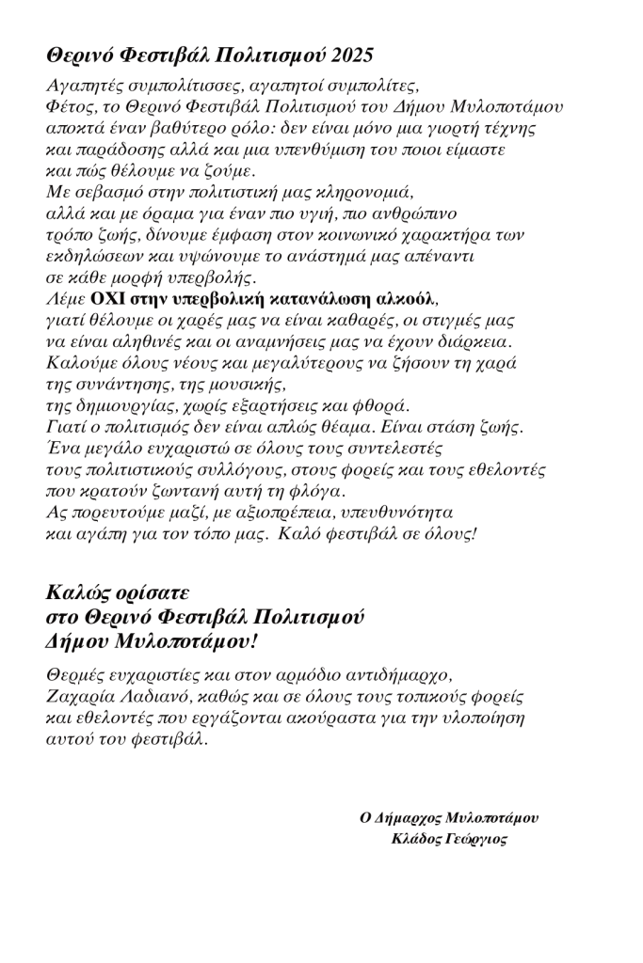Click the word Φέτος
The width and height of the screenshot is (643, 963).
(x=67, y=103)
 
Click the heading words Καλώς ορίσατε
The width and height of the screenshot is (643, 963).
(x=118, y=593)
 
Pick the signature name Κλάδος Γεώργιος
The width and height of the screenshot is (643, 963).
(x=449, y=839)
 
